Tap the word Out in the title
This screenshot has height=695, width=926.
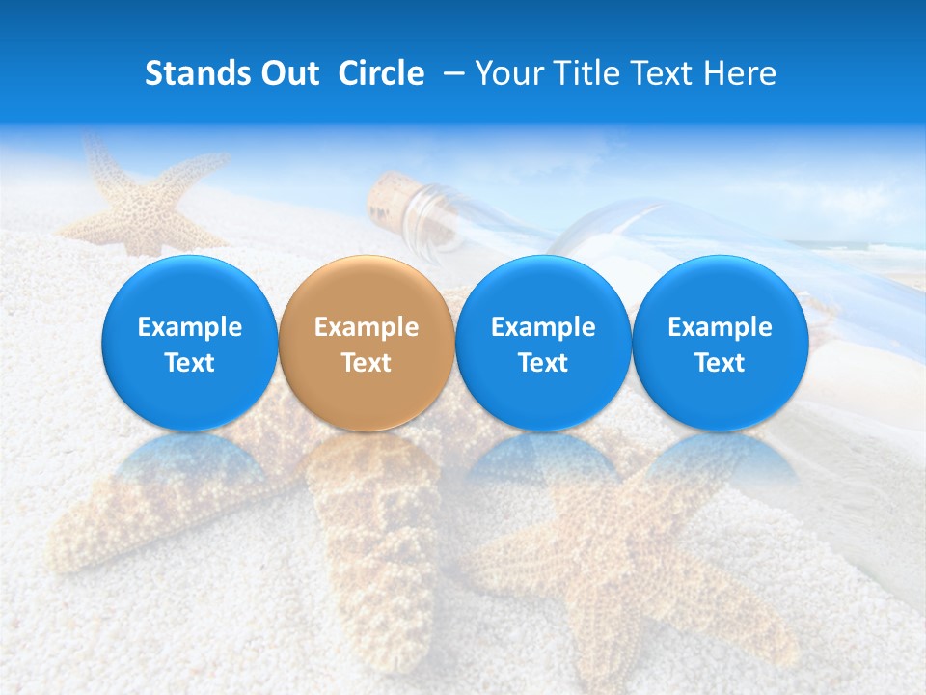288,73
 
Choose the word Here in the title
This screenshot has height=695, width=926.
741,73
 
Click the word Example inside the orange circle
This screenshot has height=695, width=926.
367,327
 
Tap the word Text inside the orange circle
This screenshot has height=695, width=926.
367,363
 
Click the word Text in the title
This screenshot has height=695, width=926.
663,73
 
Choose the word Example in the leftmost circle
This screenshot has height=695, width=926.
190,327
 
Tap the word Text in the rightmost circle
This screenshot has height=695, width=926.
720,363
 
